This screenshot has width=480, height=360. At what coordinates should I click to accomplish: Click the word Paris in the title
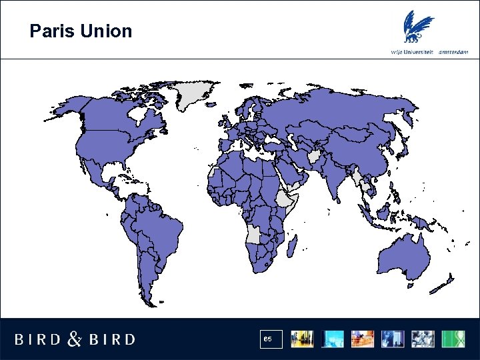(x=49, y=31)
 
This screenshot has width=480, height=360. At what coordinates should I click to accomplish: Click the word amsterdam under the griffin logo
(x=453, y=52)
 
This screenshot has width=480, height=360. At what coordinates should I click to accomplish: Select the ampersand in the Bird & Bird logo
(x=75, y=339)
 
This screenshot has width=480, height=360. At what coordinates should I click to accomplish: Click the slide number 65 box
(x=273, y=339)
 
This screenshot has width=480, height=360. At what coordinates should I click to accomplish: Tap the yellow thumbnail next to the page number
(x=302, y=339)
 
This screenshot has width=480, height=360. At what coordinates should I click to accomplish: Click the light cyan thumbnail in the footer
(x=332, y=339)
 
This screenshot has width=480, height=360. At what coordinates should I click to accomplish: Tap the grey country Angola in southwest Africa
(x=254, y=234)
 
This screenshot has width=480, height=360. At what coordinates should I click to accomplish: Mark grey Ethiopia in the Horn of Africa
(x=286, y=199)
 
